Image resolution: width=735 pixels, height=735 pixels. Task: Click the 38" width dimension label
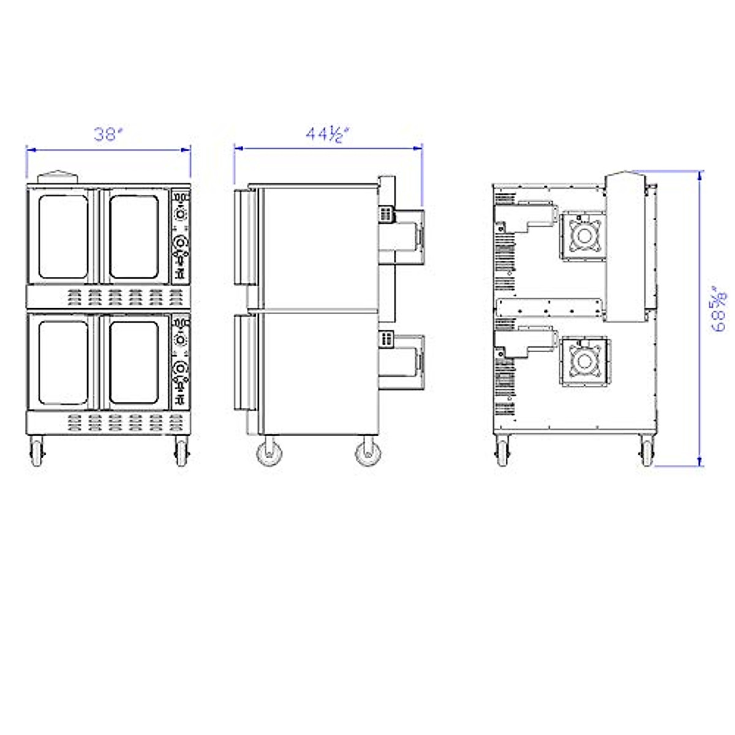click(108, 134)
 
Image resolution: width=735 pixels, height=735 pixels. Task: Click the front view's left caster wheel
click(37, 452)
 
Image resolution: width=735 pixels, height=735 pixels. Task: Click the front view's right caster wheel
click(181, 452)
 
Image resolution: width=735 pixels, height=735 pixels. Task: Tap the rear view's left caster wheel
click(502, 452)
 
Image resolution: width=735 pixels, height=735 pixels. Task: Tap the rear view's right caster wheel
click(646, 452)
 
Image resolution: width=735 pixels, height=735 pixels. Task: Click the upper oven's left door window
click(63, 237)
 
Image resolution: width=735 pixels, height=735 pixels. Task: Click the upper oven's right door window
click(134, 237)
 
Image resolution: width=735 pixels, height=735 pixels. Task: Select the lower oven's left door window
click(63, 363)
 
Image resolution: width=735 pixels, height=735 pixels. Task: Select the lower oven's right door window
click(134, 363)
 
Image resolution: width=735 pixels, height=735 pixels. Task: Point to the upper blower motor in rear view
click(584, 236)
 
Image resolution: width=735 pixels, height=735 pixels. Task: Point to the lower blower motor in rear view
click(584, 362)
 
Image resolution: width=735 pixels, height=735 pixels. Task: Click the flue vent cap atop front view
click(59, 176)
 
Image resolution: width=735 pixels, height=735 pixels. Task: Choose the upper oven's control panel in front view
click(181, 235)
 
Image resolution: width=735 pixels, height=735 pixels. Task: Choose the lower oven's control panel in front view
click(181, 362)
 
